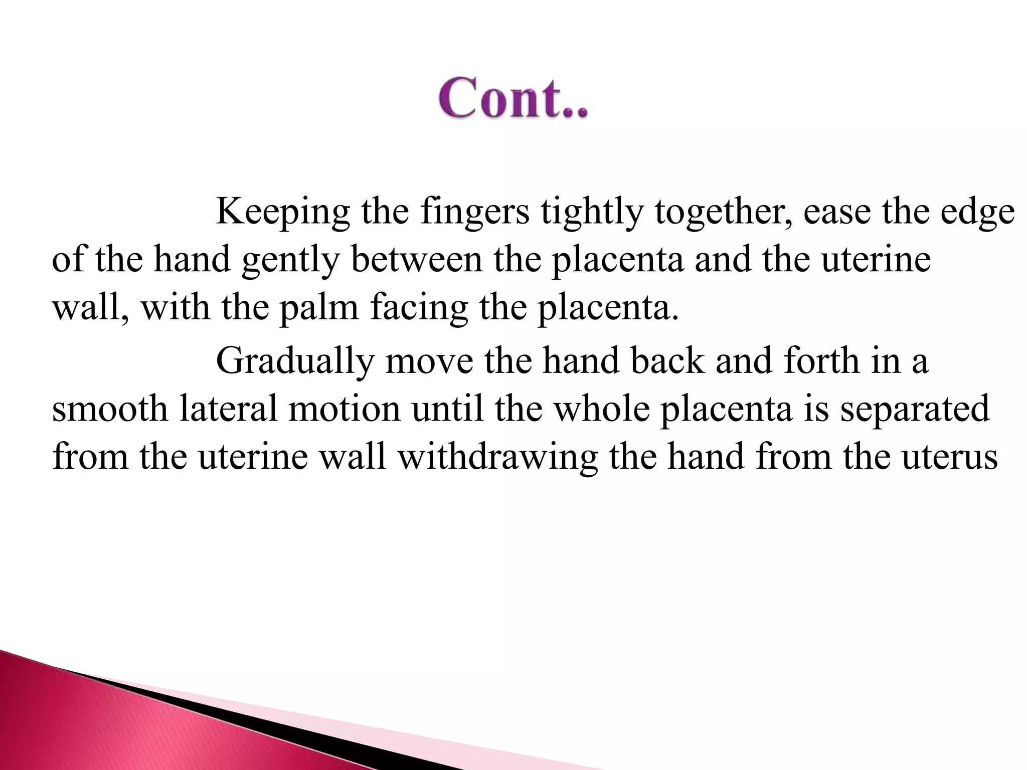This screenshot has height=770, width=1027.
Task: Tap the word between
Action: (416, 260)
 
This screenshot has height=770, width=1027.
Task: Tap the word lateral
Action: (228, 409)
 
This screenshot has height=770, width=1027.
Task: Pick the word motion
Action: (345, 409)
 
